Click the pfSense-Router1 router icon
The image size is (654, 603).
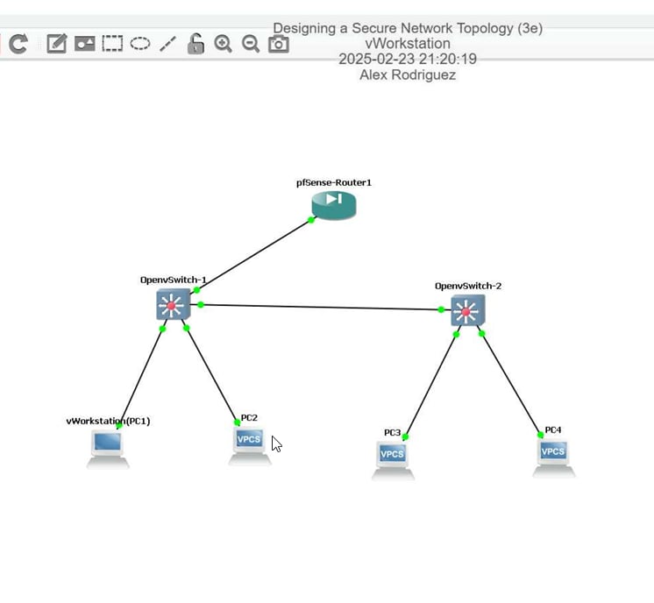(x=334, y=205)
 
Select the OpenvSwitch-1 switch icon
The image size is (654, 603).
(x=173, y=305)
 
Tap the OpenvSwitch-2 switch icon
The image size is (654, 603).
(x=467, y=310)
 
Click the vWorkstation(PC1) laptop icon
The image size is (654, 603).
(x=108, y=446)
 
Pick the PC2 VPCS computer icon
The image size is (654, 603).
(x=249, y=442)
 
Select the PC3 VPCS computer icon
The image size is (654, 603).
(x=392, y=457)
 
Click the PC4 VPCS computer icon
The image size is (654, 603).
(x=553, y=454)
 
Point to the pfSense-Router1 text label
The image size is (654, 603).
(x=334, y=182)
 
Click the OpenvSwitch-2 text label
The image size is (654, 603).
(x=468, y=286)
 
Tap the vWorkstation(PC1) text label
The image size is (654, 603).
(x=108, y=421)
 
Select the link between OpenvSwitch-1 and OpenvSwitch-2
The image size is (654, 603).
(x=321, y=307)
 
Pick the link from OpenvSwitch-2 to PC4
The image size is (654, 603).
(x=511, y=384)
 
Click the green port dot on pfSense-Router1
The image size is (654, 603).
(x=311, y=220)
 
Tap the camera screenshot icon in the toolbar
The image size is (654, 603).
(x=278, y=44)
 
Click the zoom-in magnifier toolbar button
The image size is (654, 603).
(x=223, y=44)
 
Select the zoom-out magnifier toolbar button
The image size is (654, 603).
(x=251, y=44)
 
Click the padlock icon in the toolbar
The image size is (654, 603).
(x=195, y=44)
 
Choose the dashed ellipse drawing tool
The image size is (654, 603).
(x=140, y=43)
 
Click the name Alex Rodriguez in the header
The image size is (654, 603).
(x=408, y=75)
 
